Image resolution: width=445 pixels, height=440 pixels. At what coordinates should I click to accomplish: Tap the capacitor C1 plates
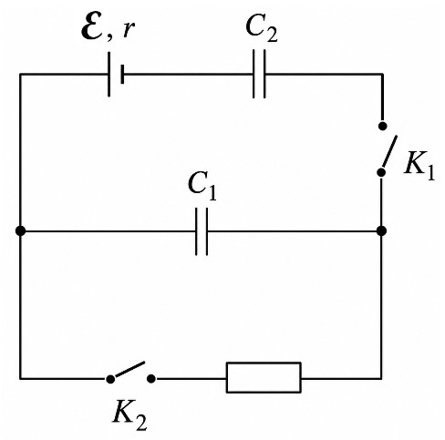point(202,231)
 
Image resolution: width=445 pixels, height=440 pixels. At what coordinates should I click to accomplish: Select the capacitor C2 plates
point(259,74)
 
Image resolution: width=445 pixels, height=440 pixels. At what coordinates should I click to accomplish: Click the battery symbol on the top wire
point(116,74)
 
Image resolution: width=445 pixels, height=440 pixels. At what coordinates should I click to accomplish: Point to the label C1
point(202,186)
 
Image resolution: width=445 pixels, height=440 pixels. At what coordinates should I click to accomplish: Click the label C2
point(262,27)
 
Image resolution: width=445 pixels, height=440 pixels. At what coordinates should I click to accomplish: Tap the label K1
point(419,166)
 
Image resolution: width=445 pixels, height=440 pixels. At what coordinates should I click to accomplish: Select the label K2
point(130,414)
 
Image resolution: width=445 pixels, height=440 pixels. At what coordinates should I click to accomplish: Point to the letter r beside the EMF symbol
point(129,30)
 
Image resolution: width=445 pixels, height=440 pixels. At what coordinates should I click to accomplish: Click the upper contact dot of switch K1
point(382,126)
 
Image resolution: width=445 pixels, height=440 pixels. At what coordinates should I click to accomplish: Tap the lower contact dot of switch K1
point(381,172)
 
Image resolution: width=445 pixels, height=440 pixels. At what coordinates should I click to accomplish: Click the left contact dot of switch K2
point(110,379)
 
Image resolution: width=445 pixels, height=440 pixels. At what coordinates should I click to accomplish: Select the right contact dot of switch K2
point(151,379)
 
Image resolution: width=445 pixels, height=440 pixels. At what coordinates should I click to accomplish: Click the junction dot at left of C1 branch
point(20,231)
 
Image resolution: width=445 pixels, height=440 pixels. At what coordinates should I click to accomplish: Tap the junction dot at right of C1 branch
point(381,230)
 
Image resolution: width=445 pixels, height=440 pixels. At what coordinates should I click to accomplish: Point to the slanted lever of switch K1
point(389,151)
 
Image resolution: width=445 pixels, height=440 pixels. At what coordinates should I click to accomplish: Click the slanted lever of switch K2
point(130,370)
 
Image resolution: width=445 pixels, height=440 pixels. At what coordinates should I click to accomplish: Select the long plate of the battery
point(109,74)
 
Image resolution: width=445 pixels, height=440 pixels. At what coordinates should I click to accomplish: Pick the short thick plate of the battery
point(122,74)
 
